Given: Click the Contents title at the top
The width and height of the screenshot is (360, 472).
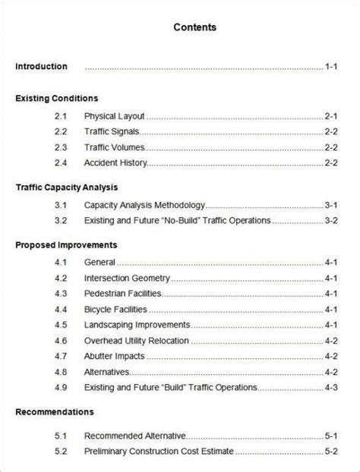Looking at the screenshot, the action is (x=194, y=27).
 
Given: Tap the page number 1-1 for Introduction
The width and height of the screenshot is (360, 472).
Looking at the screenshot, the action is (x=330, y=67).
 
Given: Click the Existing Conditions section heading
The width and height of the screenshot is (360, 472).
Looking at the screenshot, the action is (x=56, y=99).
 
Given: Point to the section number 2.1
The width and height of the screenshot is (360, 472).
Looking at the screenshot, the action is (x=62, y=116).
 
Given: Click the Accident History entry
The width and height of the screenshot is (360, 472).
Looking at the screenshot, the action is (x=115, y=162).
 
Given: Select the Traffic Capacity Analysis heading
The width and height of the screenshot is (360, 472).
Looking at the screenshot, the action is (x=66, y=186).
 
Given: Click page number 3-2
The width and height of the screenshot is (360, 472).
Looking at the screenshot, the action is (x=330, y=220).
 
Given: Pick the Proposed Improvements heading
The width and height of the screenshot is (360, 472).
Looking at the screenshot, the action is (x=66, y=245).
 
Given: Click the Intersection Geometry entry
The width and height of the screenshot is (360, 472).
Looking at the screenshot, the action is (x=127, y=278).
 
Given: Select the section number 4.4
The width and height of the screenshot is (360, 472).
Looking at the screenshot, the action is (x=62, y=309).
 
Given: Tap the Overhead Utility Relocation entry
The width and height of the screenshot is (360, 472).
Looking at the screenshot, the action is (x=137, y=341).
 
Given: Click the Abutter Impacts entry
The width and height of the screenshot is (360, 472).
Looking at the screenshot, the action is (x=115, y=356).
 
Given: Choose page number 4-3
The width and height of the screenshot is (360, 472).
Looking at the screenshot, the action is (x=330, y=387).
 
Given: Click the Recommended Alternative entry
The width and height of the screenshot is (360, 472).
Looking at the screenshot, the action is (x=135, y=436).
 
